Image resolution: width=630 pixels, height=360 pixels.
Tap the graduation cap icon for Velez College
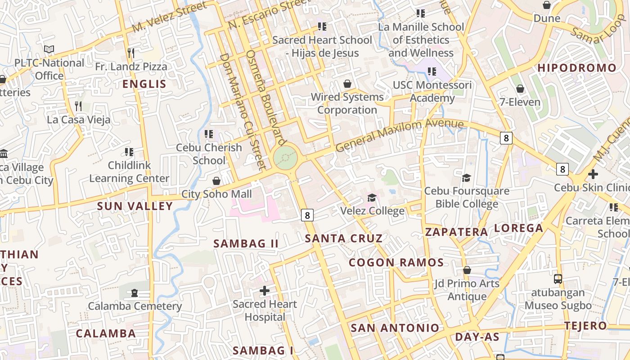pyautogui.click(x=372, y=198)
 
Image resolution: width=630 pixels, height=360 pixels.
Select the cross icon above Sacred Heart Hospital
pyautogui.click(x=265, y=291)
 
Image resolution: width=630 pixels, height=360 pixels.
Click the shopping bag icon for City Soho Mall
pyautogui.click(x=216, y=181)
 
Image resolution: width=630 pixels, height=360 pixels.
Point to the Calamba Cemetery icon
pyautogui.click(x=134, y=293)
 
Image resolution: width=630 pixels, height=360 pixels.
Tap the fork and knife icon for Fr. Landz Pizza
pyautogui.click(x=130, y=53)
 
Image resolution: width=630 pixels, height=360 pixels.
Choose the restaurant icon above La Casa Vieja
pyautogui.click(x=78, y=106)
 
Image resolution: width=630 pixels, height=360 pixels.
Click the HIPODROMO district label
pyautogui.click(x=577, y=68)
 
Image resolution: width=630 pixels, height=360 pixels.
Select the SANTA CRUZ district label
pyautogui.click(x=344, y=238)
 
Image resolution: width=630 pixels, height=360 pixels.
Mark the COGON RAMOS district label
pyautogui.click(x=396, y=262)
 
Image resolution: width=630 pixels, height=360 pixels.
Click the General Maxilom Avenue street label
pyautogui.click(x=399, y=135)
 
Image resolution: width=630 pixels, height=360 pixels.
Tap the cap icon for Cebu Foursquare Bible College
pyautogui.click(x=467, y=178)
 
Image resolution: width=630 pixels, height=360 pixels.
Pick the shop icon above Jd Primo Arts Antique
pyautogui.click(x=467, y=270)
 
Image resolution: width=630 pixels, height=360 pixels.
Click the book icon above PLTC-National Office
pyautogui.click(x=49, y=49)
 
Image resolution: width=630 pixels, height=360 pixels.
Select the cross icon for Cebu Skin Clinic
pyautogui.click(x=593, y=174)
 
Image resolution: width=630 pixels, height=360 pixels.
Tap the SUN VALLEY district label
pyautogui.click(x=135, y=206)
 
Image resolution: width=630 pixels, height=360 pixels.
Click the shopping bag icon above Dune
pyautogui.click(x=547, y=5)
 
